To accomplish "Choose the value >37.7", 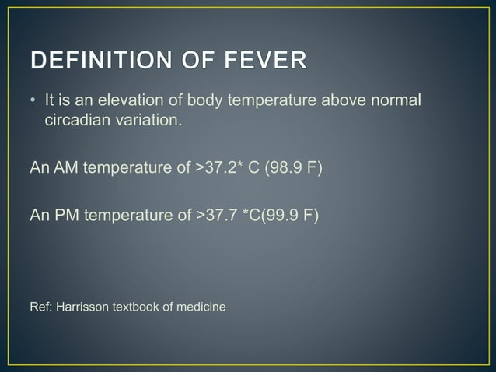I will tap(215, 213).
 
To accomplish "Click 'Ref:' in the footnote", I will tap(40, 307).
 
